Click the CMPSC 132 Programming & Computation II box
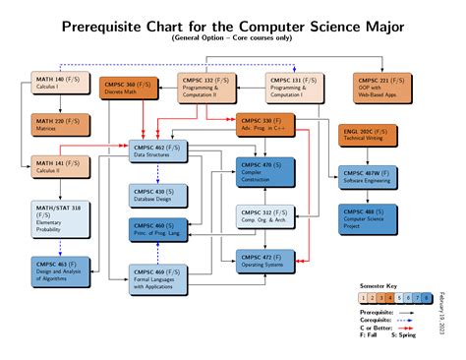pyautogui.click(x=206, y=88)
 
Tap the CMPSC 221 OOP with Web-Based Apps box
pyautogui.click(x=383, y=88)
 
